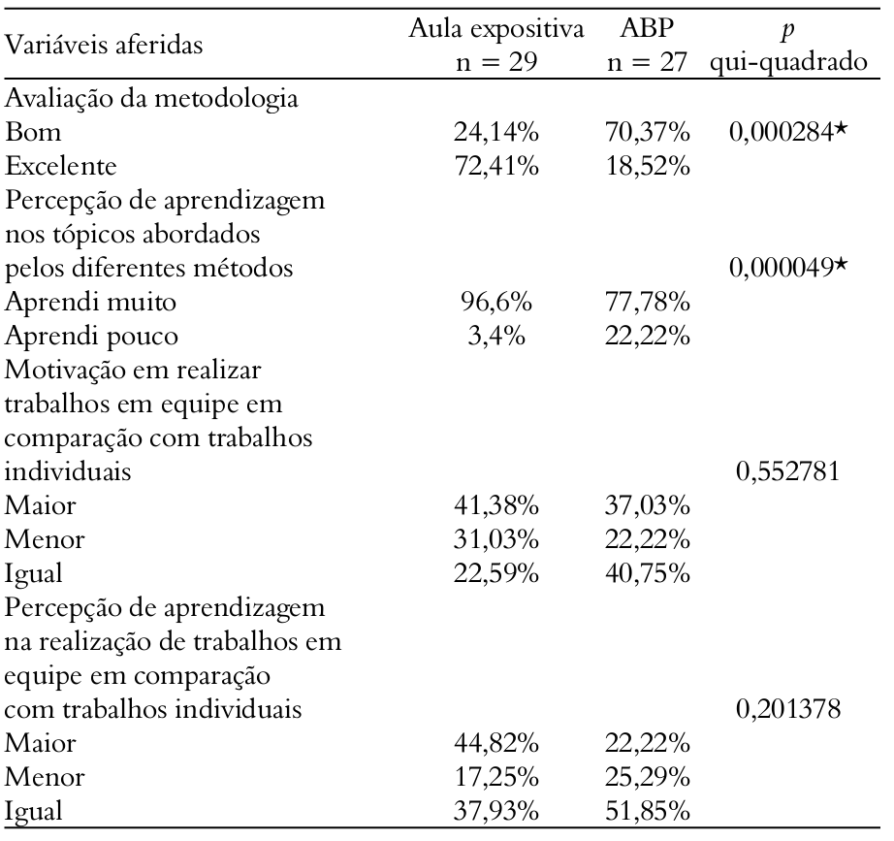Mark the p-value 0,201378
coord(800,712)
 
